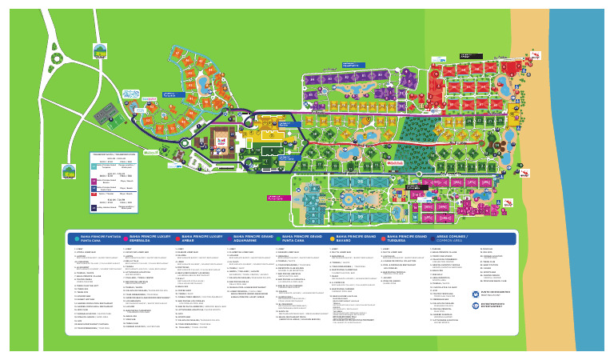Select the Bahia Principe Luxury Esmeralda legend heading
tap(143, 238)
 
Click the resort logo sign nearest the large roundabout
tap(99, 51)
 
